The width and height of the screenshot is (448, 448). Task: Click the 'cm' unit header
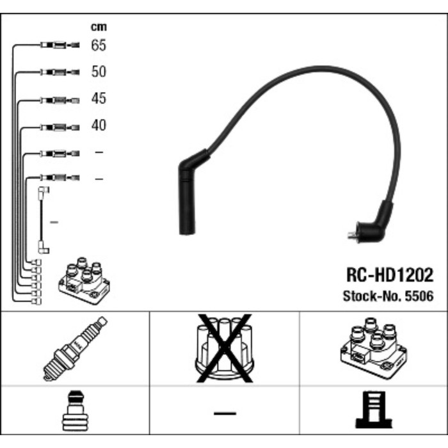pyautogui.click(x=98, y=27)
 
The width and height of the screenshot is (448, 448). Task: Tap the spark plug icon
pyautogui.click(x=76, y=349)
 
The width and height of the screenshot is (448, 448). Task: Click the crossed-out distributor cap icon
pyautogui.click(x=223, y=349)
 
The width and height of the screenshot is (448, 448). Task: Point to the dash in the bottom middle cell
pyautogui.click(x=224, y=413)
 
